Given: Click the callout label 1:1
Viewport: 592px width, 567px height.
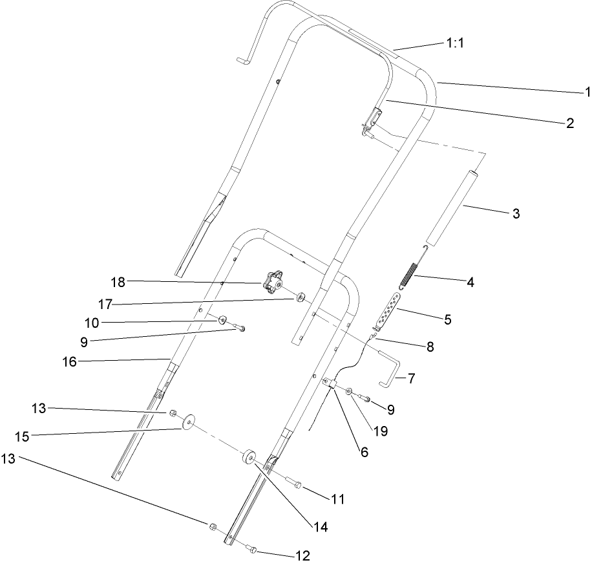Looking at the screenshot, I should coord(456,43).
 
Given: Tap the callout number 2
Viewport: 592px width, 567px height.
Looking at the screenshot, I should coord(569,123).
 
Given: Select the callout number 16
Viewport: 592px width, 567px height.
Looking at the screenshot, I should coord(69,362).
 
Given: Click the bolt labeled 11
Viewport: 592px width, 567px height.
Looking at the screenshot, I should coord(295,482).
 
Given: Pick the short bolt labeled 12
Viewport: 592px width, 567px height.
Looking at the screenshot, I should coord(251,550).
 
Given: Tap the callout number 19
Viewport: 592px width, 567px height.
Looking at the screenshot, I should coord(381,431).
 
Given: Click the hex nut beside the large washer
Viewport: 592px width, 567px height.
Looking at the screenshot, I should coord(173,412).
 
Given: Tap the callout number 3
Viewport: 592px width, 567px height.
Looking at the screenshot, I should coord(515,213).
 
